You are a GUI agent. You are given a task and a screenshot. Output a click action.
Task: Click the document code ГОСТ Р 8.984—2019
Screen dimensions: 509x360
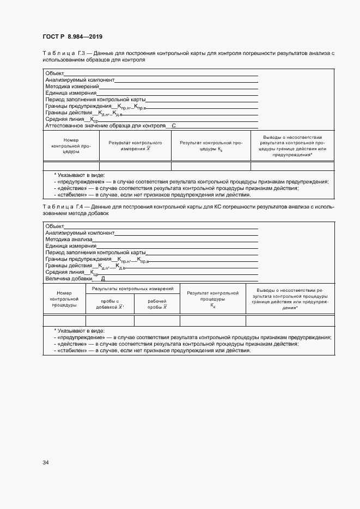click(x=72, y=36)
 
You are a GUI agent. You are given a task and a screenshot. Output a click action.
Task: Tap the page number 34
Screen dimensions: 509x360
click(x=46, y=463)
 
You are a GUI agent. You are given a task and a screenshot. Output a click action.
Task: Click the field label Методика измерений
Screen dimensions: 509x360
click(x=72, y=87)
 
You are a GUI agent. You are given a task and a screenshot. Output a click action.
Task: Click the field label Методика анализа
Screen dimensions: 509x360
click(x=69, y=240)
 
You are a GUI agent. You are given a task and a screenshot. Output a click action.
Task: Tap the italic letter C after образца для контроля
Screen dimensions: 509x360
click(x=174, y=126)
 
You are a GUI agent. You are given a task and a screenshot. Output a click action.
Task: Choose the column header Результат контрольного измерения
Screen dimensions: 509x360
click(x=135, y=145)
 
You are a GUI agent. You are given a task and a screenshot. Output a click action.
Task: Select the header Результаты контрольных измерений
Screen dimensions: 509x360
click(x=133, y=289)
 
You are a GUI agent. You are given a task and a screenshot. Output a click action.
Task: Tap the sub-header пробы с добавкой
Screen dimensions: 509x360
click(x=110, y=304)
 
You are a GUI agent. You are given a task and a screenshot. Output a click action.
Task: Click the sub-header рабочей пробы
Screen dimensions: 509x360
click(x=157, y=304)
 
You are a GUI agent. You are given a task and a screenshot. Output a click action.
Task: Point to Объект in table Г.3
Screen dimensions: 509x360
click(x=54, y=73)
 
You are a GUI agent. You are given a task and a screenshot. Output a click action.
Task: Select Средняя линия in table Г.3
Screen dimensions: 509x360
click(x=65, y=119)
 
